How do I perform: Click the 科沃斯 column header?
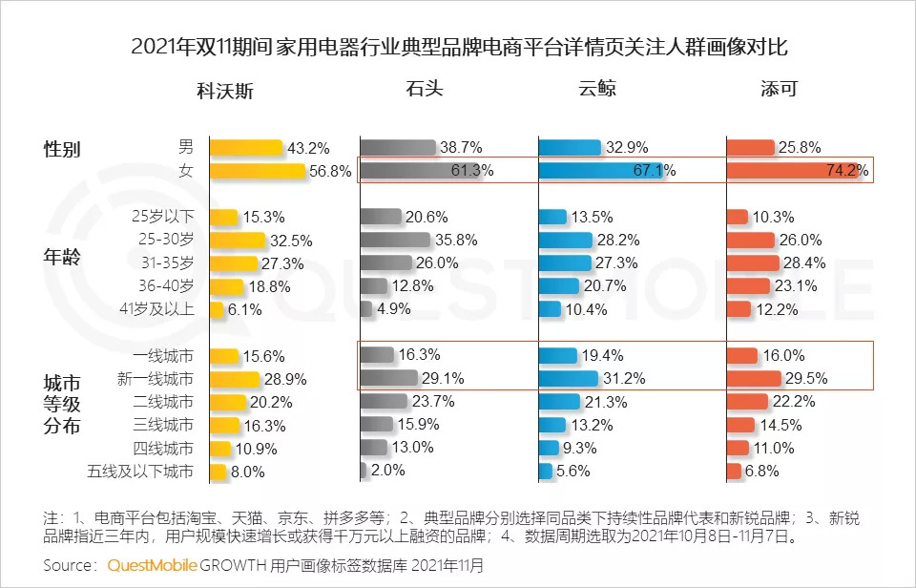tap(225, 92)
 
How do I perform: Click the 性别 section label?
tap(63, 150)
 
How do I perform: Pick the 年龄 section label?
tap(63, 258)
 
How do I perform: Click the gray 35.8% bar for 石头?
tap(396, 240)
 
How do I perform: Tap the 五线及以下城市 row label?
tap(142, 471)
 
